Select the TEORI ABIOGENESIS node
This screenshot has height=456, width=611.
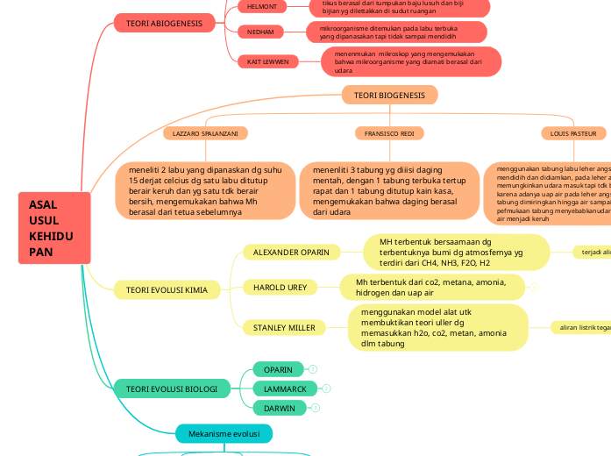tap(164, 24)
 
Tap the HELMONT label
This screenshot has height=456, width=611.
tap(261, 6)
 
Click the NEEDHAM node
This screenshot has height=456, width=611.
tap(261, 32)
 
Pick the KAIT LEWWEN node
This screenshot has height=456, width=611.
tap(267, 62)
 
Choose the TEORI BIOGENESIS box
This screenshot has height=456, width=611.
tap(389, 95)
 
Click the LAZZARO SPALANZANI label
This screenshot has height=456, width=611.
tap(205, 133)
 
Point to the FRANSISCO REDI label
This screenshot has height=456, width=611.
tap(389, 133)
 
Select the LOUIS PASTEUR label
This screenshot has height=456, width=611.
tap(573, 133)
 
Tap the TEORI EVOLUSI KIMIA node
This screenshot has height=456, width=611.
tap(167, 289)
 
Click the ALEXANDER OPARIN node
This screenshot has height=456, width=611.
tap(291, 253)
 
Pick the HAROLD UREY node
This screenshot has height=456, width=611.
tap(280, 287)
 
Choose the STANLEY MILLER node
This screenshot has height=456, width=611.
tap(284, 328)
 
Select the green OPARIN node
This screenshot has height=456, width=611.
tap(279, 369)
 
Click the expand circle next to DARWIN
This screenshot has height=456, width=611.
tap(316, 408)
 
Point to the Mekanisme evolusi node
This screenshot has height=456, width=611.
tap(224, 433)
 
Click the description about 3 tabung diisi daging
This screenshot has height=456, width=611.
tap(389, 189)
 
